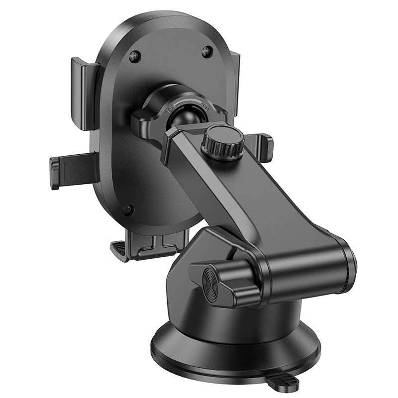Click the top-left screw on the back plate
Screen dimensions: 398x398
coord(134,56)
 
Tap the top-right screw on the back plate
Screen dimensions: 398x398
coord(207,51)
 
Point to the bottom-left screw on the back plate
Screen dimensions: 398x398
coord(127,209)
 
